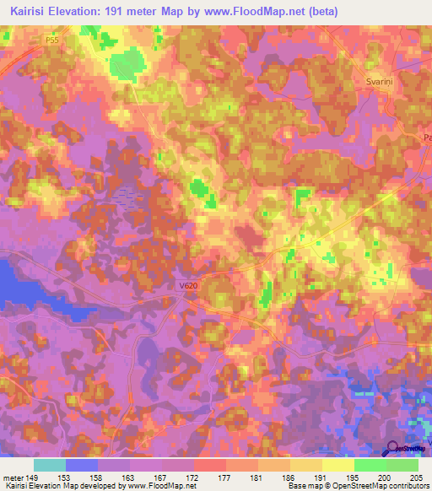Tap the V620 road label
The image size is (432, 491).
pos(188,286)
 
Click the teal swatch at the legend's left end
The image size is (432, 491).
pos(49,464)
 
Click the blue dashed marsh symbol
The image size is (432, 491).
pos(125,197)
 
